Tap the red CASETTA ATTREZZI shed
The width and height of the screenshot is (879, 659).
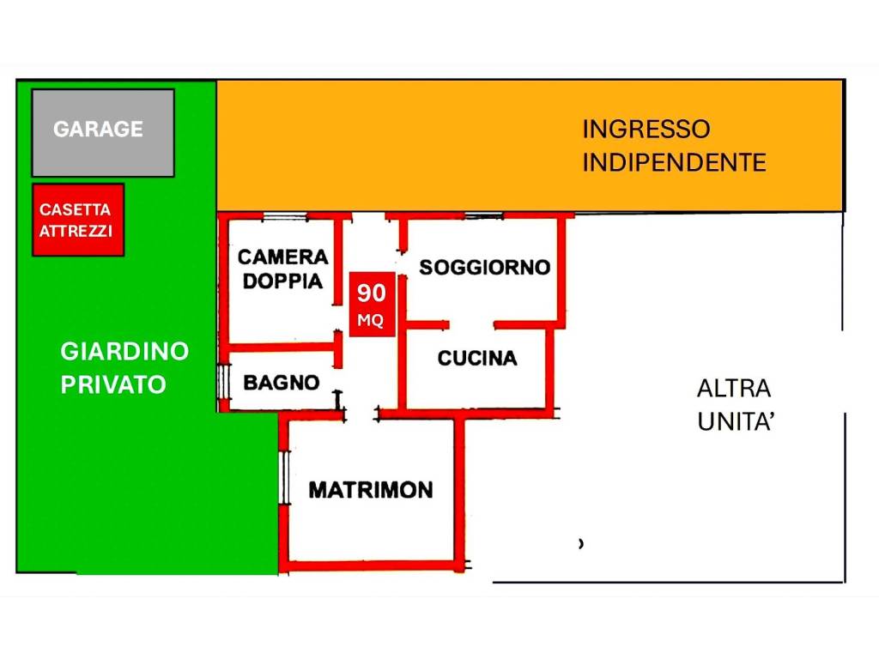pyautogui.click(x=78, y=220)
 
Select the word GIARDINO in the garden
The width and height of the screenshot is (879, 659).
pyautogui.click(x=124, y=351)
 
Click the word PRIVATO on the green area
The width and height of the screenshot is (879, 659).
pyautogui.click(x=113, y=385)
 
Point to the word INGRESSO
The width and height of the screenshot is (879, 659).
pyautogui.click(x=646, y=130)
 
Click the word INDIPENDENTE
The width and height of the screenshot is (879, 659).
pyautogui.click(x=674, y=162)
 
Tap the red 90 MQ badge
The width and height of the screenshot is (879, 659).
pyautogui.click(x=372, y=305)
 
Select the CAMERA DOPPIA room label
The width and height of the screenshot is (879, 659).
pyautogui.click(x=282, y=269)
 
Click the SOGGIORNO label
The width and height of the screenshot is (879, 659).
pyautogui.click(x=484, y=267)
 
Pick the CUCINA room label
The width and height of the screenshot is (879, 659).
pyautogui.click(x=477, y=358)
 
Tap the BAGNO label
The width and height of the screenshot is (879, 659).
pyautogui.click(x=282, y=383)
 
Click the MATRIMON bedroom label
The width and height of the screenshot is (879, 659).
pyautogui.click(x=371, y=490)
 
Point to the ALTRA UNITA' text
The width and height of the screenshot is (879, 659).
pyautogui.click(x=734, y=405)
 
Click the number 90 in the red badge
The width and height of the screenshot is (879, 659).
pyautogui.click(x=372, y=293)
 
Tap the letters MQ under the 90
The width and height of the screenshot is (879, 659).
pyautogui.click(x=372, y=321)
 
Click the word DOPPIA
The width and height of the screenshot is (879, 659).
pyautogui.click(x=282, y=281)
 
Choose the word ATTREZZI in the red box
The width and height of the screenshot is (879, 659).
pyautogui.click(x=76, y=231)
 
